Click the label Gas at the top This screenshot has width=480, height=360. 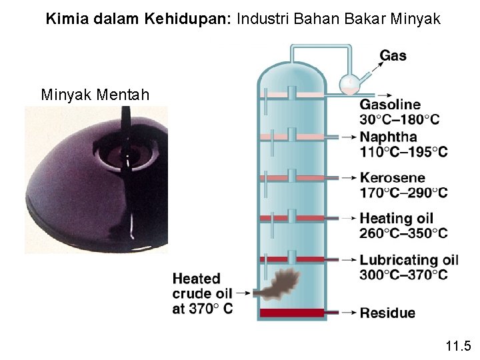coord(393,56)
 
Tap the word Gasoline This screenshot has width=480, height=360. coord(390,105)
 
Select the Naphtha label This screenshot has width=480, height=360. coord(389,137)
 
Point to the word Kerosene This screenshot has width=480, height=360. coord(392,178)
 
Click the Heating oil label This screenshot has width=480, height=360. coord(396,218)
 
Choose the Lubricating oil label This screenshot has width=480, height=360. coord(409,260)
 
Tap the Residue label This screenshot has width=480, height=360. coord(387,313)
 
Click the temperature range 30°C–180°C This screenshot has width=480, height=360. coord(399,120)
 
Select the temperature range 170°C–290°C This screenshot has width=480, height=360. coord(403,193)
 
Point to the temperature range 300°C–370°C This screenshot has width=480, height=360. coord(403,275)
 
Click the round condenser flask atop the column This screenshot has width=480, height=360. coord(349,83)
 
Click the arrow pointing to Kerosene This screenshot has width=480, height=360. coord(344,178)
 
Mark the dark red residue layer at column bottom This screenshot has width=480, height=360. coord(291,313)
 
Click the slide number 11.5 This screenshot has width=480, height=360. coord(458,345)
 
